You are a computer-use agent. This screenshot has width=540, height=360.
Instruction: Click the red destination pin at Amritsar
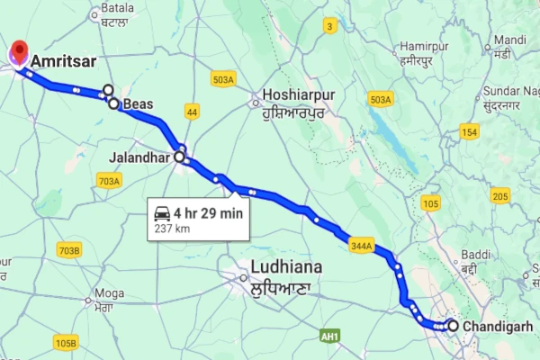point(17,53)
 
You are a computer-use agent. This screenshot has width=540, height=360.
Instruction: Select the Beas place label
point(138,103)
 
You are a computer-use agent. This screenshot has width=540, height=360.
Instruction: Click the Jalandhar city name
point(140,157)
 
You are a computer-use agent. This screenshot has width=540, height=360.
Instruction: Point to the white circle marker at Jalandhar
point(179,157)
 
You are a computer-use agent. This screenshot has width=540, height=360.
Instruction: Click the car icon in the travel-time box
point(162,213)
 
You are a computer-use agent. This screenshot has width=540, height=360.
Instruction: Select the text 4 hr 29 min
point(208,213)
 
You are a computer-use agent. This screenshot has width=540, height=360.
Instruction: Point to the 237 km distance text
point(174,229)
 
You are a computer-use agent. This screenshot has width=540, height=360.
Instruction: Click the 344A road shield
point(362,245)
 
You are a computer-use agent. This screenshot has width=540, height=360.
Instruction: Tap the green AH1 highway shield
point(330,336)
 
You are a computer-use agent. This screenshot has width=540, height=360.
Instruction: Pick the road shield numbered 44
point(192,111)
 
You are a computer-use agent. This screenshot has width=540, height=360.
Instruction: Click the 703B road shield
point(68,249)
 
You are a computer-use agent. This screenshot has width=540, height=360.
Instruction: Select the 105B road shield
point(65,343)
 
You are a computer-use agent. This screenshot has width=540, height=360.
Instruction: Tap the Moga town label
point(108,293)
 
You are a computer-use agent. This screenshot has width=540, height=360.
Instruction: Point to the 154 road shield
point(469,132)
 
